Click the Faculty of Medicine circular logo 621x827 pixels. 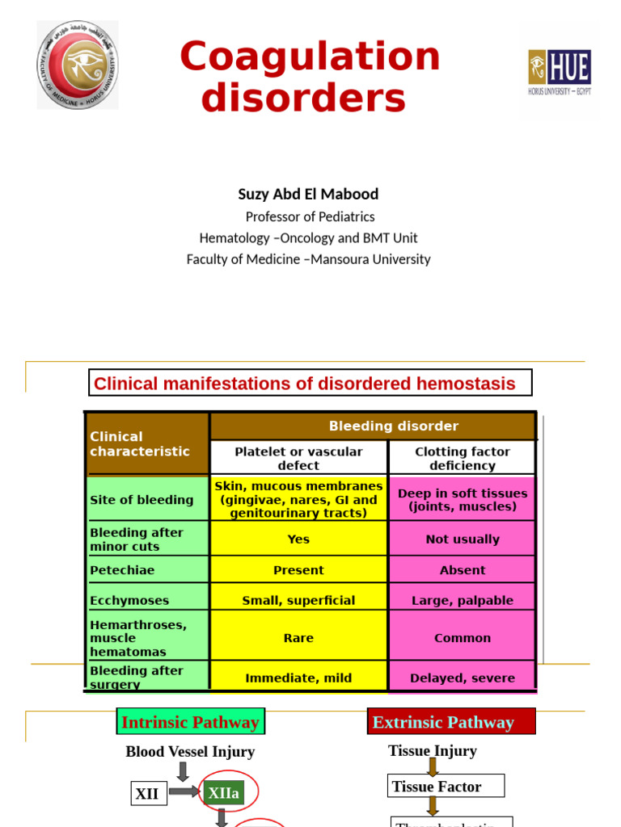click(78, 65)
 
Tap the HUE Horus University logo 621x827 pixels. click(560, 72)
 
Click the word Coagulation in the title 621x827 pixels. click(310, 57)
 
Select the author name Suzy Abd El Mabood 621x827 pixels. click(308, 194)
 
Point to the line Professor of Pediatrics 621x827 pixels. click(310, 216)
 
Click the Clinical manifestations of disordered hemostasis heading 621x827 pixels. click(310, 384)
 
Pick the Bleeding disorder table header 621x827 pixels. click(393, 426)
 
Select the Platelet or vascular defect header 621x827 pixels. click(298, 458)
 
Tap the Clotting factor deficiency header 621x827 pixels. click(462, 458)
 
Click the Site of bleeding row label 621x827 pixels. click(142, 500)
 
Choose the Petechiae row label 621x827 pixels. click(123, 570)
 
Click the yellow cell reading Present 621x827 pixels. click(298, 570)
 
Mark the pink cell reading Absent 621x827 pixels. click(462, 570)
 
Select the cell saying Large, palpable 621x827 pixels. click(462, 600)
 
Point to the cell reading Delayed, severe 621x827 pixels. click(462, 678)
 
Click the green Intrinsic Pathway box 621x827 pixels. click(191, 722)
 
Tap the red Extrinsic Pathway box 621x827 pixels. click(451, 722)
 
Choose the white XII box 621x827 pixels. click(147, 794)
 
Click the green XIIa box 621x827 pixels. click(224, 793)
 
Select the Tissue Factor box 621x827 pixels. click(446, 786)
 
